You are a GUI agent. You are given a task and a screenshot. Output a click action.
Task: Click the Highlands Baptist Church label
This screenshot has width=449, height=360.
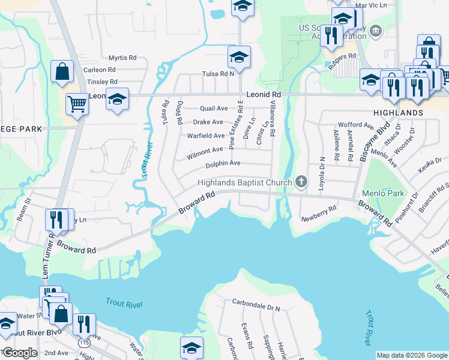(x=246, y=182)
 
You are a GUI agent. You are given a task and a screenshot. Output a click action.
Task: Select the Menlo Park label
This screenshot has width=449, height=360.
(x=383, y=194)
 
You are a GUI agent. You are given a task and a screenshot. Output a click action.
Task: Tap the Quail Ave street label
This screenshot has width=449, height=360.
(x=214, y=109)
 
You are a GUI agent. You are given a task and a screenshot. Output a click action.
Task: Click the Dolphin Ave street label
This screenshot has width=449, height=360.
(x=223, y=163)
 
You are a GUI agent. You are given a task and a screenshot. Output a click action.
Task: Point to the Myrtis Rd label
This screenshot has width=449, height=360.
(x=122, y=58)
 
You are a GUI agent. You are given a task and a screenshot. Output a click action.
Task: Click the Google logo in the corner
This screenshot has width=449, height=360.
(x=19, y=353)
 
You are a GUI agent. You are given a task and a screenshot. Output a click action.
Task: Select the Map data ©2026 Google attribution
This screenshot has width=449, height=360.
(x=412, y=355)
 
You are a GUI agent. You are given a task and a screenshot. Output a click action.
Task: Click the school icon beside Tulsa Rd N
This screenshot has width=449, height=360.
(x=239, y=58)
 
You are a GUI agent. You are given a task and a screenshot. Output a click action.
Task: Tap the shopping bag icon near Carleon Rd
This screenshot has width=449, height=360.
(x=62, y=72)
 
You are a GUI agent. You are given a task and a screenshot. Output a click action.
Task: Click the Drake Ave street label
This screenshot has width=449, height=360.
(x=208, y=122)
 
